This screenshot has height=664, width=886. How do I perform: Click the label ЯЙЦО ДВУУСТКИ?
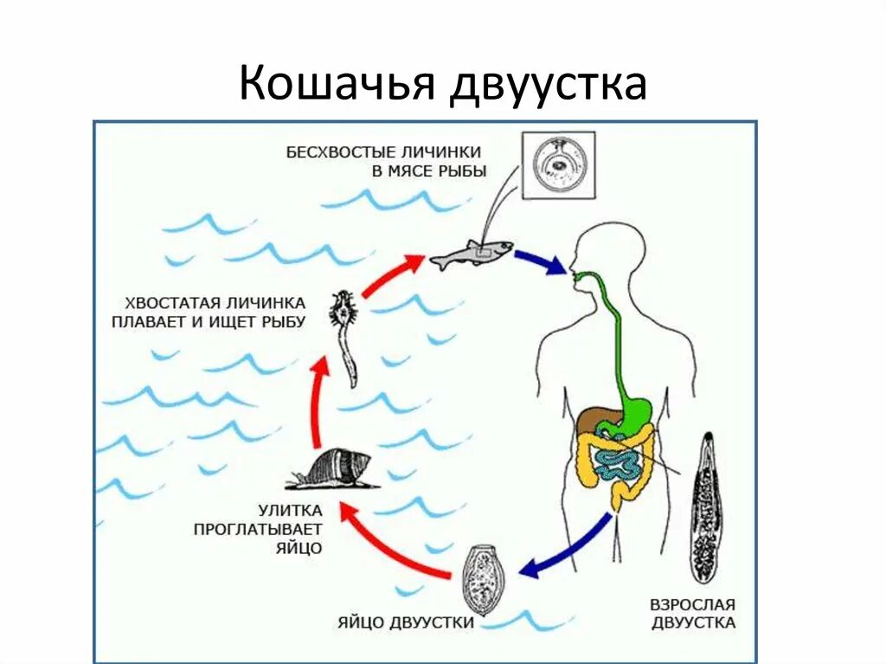406,622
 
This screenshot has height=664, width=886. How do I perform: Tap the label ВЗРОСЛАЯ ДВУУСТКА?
692,613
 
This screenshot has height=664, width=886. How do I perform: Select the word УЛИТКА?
290,510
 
